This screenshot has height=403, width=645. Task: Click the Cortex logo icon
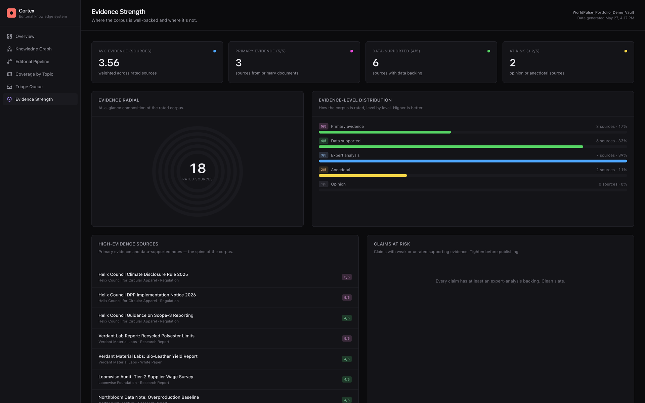tap(11, 13)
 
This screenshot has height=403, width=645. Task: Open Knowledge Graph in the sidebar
tap(34, 49)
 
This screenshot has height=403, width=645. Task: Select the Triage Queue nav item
tap(29, 87)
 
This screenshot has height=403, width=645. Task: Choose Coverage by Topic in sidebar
tap(34, 74)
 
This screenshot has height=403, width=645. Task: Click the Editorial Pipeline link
tap(32, 61)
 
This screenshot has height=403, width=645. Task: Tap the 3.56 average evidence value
tap(109, 63)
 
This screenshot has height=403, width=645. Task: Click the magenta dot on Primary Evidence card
tap(352, 51)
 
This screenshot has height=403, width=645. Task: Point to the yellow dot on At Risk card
tap(626, 51)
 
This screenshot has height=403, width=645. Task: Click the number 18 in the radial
tap(198, 168)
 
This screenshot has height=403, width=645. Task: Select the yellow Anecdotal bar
tap(363, 176)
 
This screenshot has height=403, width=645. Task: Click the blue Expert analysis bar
tap(473, 161)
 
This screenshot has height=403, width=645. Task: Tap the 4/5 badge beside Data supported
tap(324, 141)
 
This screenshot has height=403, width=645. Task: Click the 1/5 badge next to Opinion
tap(324, 184)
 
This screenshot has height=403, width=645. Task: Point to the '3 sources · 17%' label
tap(611, 127)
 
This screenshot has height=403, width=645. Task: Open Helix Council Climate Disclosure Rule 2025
tap(143, 274)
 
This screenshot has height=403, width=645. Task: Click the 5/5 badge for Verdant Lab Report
tap(347, 339)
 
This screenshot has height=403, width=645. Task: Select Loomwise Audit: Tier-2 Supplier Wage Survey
tap(146, 377)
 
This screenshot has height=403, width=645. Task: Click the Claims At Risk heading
tap(392, 244)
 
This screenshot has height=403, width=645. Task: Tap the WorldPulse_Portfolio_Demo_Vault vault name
tap(603, 12)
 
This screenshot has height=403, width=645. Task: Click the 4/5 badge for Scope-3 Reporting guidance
tap(347, 318)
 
